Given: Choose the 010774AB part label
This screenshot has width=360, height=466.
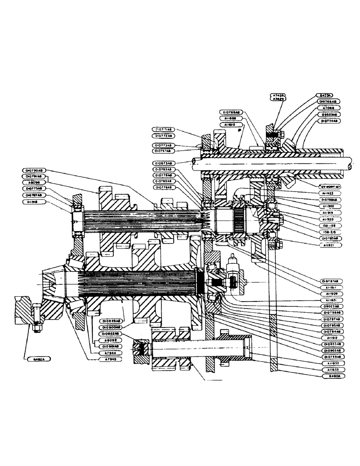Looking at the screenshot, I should [330, 121].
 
